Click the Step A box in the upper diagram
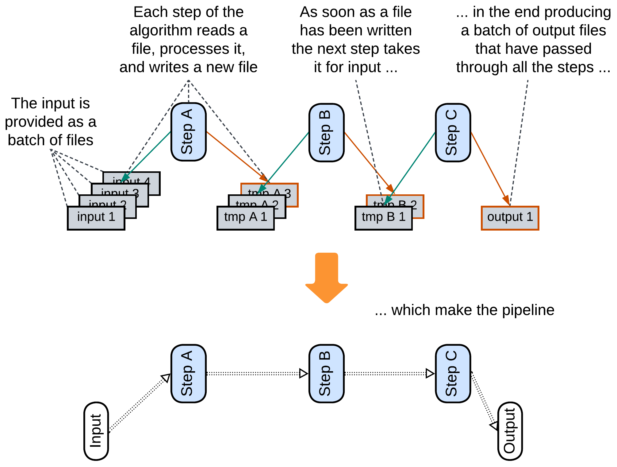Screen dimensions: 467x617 (x=188, y=132)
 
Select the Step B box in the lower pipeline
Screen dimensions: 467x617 (x=326, y=373)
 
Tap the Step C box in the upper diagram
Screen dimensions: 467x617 (x=453, y=132)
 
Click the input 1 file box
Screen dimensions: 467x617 (x=96, y=218)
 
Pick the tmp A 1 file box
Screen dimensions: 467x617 (x=245, y=218)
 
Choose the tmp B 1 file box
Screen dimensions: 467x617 (x=383, y=218)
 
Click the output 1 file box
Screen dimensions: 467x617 (x=510, y=218)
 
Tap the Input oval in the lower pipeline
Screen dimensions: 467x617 (x=96, y=431)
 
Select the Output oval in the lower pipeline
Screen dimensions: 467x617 (x=510, y=431)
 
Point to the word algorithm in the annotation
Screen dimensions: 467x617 (x=162, y=30)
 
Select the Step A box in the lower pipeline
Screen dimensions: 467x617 (x=188, y=373)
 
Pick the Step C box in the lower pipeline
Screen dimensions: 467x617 (x=453, y=373)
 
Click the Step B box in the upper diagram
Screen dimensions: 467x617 (x=326, y=132)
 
